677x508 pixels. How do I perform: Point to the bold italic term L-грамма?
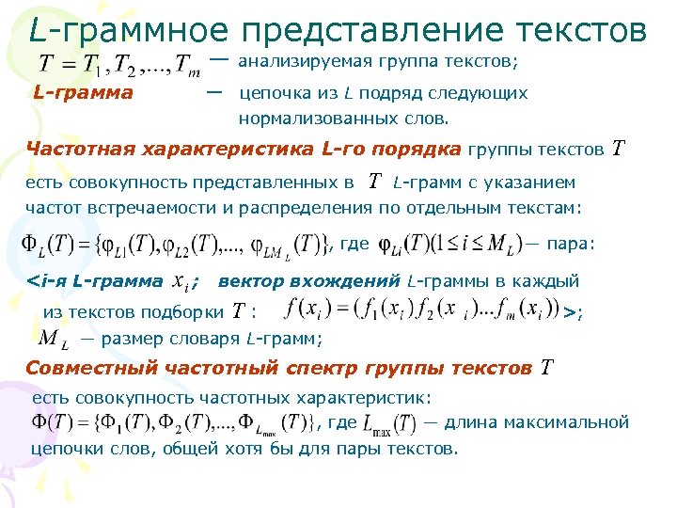83,94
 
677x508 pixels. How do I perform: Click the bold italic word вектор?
247,280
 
